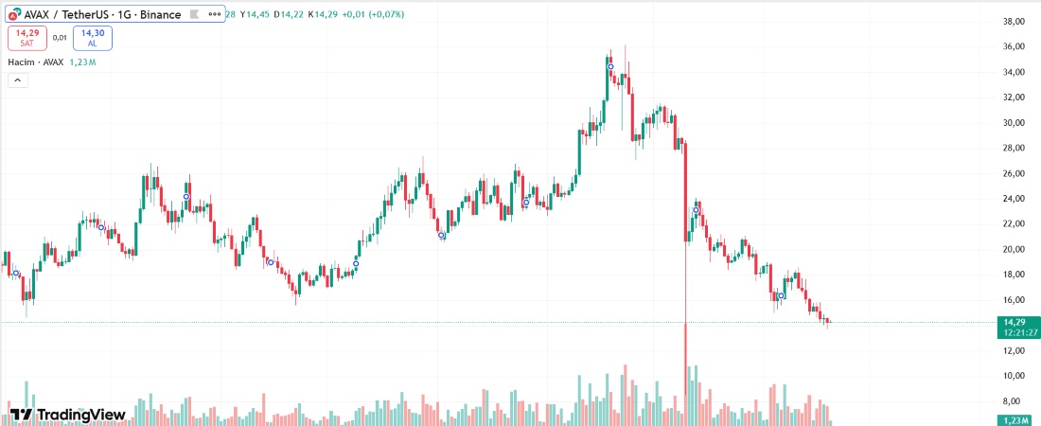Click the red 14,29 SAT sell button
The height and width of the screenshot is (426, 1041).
coord(26,38)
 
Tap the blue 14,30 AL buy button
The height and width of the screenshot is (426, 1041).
coord(92,38)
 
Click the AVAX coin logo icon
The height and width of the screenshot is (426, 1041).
coord(12,15)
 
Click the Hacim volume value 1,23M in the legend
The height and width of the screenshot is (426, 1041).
coord(83,62)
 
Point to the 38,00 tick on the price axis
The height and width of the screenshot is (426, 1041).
coord(1015,22)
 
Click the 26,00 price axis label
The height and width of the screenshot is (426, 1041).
coord(1015,173)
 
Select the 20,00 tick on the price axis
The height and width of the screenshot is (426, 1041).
coord(1015,249)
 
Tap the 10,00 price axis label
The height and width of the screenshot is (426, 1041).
coord(1015,376)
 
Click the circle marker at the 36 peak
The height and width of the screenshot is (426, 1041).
coord(610,66)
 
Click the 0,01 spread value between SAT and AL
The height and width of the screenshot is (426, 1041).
coord(60,38)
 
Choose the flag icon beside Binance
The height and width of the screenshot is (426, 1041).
coord(193,15)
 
